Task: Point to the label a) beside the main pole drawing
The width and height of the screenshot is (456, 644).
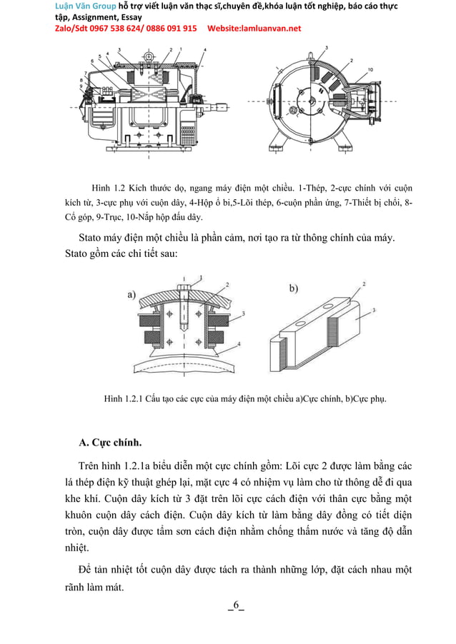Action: click(x=132, y=293)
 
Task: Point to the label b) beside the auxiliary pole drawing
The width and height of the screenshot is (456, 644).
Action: click(x=294, y=288)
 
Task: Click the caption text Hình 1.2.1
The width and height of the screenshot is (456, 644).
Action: click(x=124, y=398)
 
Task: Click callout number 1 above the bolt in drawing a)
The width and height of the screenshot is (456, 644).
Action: click(x=201, y=276)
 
